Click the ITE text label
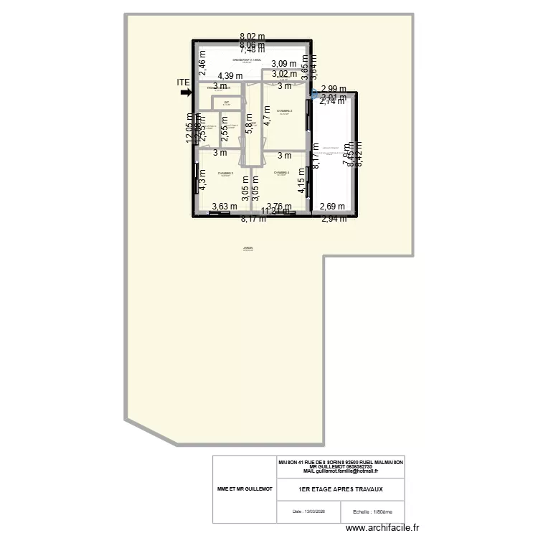(184, 82)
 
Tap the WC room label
(226, 103)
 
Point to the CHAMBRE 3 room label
(226, 174)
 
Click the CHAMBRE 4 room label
(281, 173)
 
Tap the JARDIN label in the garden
(248, 249)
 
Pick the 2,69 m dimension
(332, 207)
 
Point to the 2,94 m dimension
(333, 219)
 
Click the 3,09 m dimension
(283, 64)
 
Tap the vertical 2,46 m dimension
(202, 67)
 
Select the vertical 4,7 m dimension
(267, 116)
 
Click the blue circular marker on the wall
(314, 93)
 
